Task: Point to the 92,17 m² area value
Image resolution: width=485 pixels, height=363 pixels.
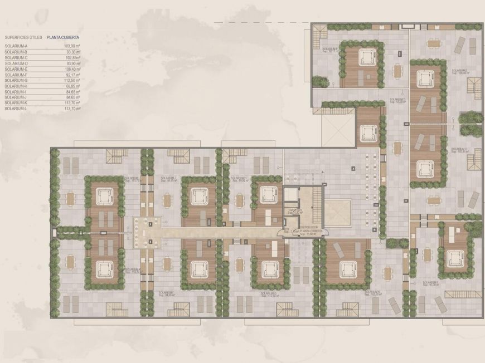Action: (x=73, y=75)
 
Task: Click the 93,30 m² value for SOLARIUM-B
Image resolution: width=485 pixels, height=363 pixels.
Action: (x=73, y=52)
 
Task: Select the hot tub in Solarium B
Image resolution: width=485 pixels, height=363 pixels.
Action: (x=455, y=257)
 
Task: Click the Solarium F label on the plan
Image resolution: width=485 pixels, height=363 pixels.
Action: (x=331, y=50)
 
